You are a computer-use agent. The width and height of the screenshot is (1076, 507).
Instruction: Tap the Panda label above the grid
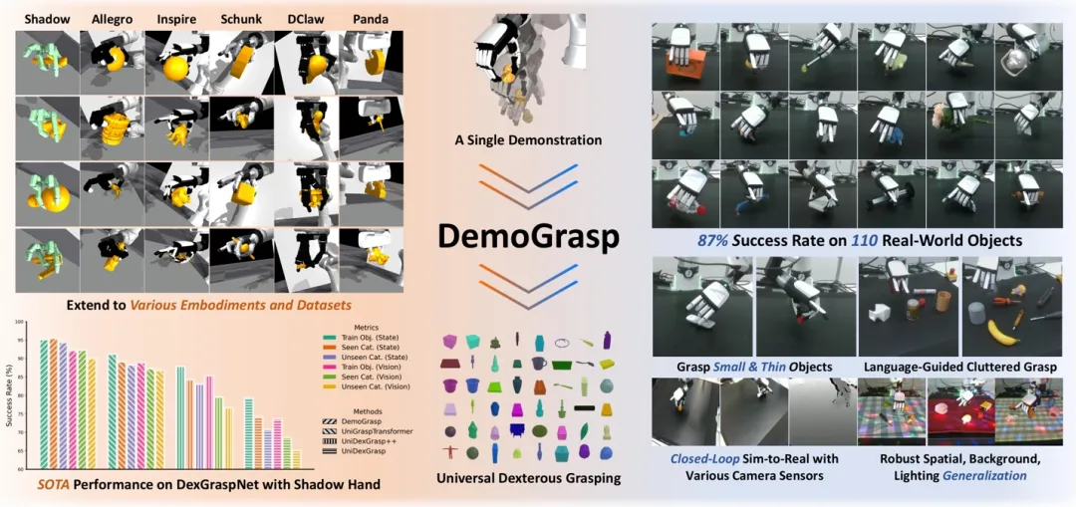point(371,19)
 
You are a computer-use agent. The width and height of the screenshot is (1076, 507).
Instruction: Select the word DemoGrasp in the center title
point(527,235)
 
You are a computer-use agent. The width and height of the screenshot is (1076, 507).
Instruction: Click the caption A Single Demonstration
point(527,140)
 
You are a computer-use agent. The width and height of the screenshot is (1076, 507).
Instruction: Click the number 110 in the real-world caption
point(877,240)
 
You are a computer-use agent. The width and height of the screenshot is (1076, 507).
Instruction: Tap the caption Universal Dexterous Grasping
point(528,478)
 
